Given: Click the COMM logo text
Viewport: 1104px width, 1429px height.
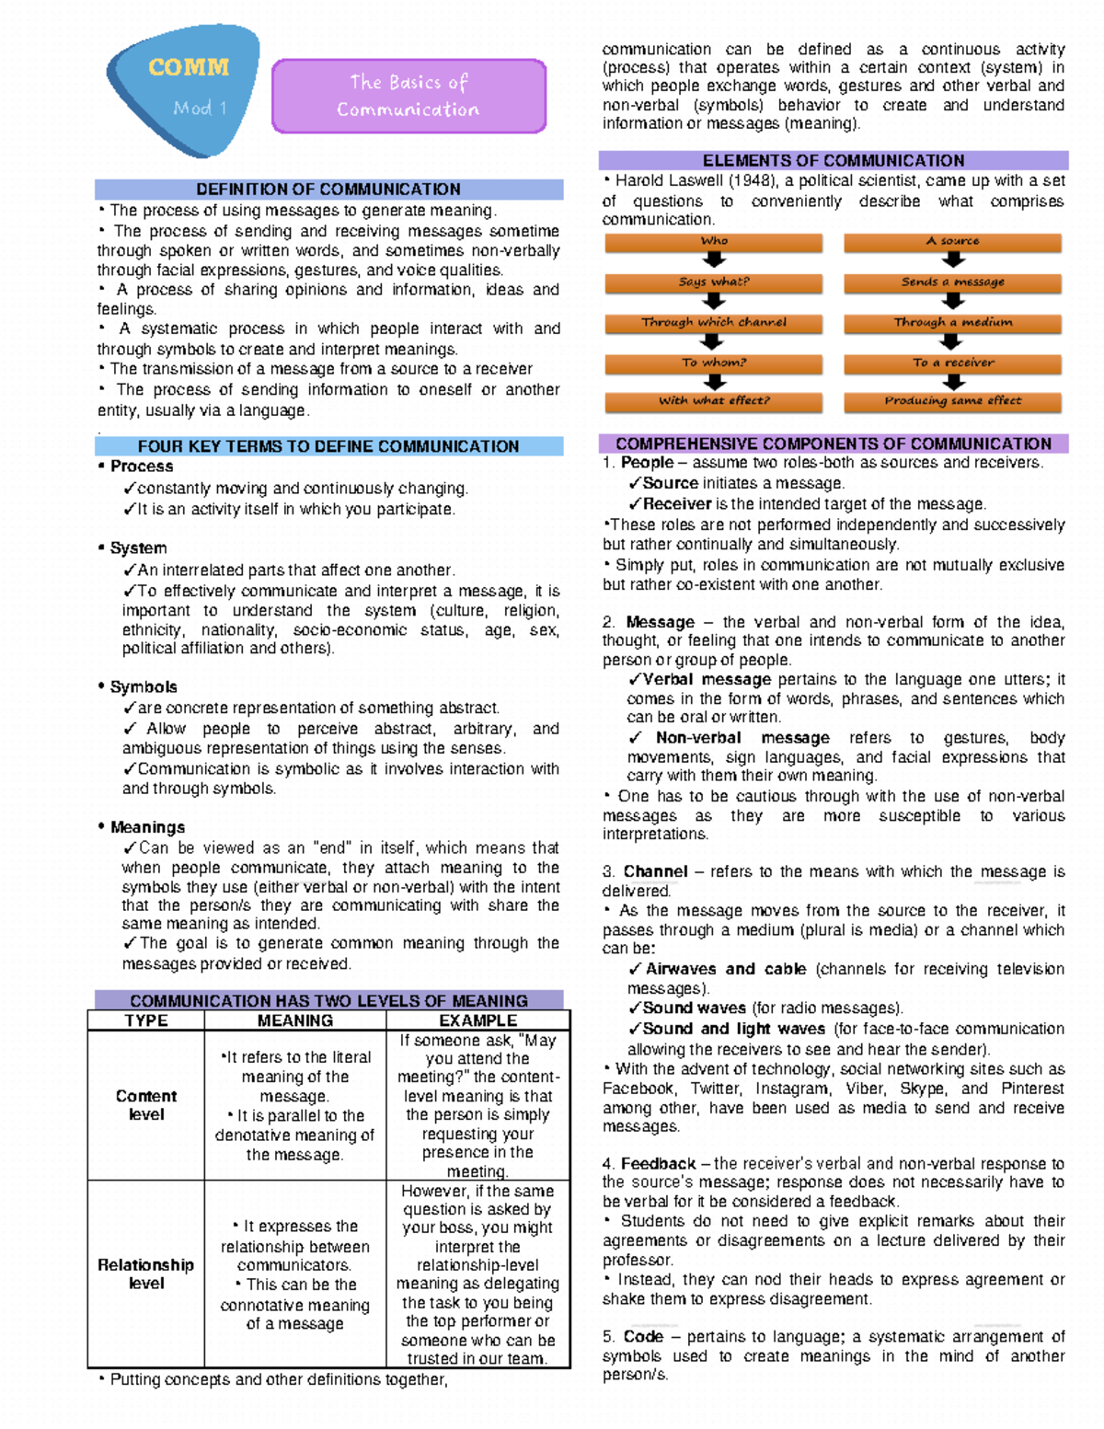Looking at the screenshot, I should click(189, 67).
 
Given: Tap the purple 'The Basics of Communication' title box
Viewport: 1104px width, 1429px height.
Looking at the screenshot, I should click(408, 96).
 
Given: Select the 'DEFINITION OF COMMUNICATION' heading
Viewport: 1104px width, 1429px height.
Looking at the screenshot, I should click(328, 190).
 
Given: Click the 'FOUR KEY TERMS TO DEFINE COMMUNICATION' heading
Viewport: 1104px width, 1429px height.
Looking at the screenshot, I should click(328, 446).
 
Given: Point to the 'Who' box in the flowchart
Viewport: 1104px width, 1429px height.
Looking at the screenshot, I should click(714, 241).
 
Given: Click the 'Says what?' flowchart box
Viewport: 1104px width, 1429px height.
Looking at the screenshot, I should click(714, 282).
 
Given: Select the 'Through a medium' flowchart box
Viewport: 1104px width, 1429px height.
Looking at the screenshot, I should click(953, 322).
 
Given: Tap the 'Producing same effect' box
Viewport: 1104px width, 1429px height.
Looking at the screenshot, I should click(953, 401).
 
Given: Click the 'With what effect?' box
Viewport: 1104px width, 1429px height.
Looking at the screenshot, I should click(714, 401).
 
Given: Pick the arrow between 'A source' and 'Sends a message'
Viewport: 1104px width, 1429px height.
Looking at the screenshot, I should click(954, 260).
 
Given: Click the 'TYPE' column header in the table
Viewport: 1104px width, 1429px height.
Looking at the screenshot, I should click(146, 1020).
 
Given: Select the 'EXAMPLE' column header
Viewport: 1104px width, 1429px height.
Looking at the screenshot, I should click(477, 1020).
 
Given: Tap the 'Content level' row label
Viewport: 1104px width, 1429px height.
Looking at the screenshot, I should click(146, 1105).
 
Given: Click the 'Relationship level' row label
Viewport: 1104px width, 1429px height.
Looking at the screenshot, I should click(146, 1274).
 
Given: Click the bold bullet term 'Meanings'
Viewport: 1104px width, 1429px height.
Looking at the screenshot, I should click(147, 827).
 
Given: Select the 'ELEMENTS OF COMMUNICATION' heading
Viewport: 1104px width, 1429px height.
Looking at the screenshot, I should click(834, 160).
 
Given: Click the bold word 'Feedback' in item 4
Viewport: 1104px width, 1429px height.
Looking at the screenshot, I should click(658, 1164).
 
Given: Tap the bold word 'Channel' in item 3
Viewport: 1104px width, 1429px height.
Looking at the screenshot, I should click(655, 871).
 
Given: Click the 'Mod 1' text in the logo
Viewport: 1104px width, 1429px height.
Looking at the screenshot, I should click(200, 108).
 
